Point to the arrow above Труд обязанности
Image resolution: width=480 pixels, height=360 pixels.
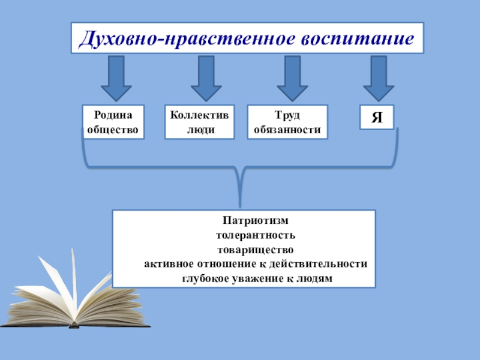[292, 78]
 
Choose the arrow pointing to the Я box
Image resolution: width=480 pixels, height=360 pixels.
[378, 78]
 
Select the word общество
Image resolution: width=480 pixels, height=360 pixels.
[113, 129]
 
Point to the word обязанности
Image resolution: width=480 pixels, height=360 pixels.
[287, 129]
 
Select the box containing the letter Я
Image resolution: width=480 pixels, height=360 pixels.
[377, 118]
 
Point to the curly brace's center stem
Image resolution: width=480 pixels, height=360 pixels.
[240, 189]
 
